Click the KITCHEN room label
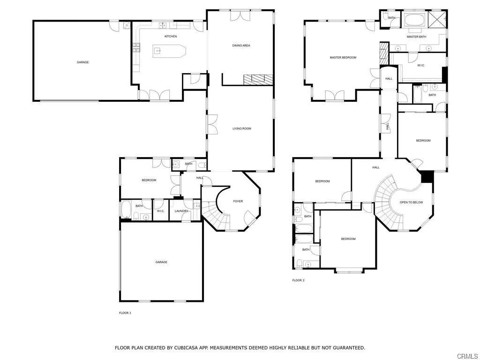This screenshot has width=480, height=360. pyautogui.click(x=171, y=37)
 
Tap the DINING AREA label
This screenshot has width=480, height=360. pyautogui.click(x=241, y=45)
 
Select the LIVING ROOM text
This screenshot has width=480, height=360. pyautogui.click(x=242, y=128)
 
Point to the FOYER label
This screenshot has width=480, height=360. pyautogui.click(x=238, y=202)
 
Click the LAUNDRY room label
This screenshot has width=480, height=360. pyautogui.click(x=181, y=211)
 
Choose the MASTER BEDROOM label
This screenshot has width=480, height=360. pyautogui.click(x=343, y=58)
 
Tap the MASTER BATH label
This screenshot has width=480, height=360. pyautogui.click(x=416, y=37)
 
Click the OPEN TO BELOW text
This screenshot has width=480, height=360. pyautogui.click(x=411, y=202)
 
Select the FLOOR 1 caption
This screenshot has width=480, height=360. pyautogui.click(x=125, y=313)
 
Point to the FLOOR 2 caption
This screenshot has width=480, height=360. pyautogui.click(x=299, y=280)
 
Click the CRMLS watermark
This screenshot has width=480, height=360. pyautogui.click(x=468, y=356)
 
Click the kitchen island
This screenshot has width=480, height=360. pyautogui.click(x=169, y=51)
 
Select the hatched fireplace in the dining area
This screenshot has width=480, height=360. pyautogui.click(x=258, y=79)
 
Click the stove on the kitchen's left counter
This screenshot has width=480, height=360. pyautogui.click(x=136, y=48)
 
